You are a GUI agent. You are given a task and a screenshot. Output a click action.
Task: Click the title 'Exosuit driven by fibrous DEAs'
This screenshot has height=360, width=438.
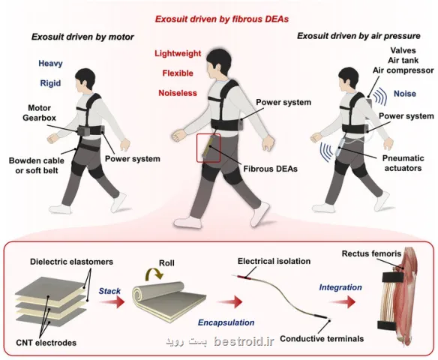[x=222, y=19]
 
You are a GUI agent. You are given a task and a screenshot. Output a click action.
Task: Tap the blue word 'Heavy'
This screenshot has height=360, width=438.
[x=50, y=64]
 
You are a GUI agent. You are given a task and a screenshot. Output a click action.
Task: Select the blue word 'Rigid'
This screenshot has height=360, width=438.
[x=50, y=83]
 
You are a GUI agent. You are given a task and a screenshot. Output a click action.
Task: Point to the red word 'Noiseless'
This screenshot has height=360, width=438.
[x=178, y=93]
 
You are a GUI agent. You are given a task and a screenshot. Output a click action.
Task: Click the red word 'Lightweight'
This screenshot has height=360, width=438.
[x=178, y=53]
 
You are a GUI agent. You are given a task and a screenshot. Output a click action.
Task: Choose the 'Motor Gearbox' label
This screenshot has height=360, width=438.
[x=40, y=112]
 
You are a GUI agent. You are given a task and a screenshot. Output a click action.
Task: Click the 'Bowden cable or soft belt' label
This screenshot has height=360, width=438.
[x=37, y=166]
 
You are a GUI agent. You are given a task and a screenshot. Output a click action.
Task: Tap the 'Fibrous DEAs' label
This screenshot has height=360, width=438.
[x=271, y=169]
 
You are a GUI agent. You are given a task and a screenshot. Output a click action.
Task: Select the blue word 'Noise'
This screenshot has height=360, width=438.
[x=405, y=94]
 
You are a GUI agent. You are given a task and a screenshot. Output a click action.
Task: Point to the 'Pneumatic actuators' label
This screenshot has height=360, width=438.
[x=403, y=163]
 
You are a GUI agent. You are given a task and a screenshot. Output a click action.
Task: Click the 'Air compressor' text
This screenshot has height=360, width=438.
[x=403, y=70]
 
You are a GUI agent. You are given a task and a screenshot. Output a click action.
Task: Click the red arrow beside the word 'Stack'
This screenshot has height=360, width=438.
[x=112, y=301]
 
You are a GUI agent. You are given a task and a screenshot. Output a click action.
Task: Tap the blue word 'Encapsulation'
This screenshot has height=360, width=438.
[x=226, y=322]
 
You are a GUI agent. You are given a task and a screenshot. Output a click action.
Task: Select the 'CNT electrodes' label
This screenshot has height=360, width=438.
[x=46, y=343]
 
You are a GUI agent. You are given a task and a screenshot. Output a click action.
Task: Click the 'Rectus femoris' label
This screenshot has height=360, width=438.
[x=371, y=253]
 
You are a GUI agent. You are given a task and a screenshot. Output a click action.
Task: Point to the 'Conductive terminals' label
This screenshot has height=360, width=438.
[x=322, y=339]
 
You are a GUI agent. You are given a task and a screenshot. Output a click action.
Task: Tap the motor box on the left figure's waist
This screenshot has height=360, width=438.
[x=83, y=131]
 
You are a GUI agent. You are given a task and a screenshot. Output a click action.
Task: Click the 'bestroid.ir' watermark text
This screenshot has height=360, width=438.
[x=244, y=341]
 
